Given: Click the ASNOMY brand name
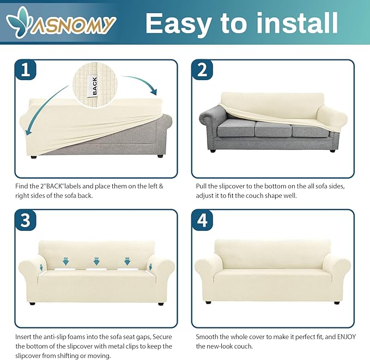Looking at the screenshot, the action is tap(73, 25).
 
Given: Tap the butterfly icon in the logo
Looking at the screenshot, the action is tap(18, 22).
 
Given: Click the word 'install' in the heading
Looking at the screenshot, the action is tap(297, 23).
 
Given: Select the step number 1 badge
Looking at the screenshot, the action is tap(26, 70).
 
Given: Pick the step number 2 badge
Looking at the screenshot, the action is tap(202, 70).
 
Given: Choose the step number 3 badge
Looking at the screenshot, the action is tap(26, 220).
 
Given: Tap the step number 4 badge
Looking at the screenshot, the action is tap(202, 220).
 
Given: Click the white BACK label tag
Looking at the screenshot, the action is tap(94, 87).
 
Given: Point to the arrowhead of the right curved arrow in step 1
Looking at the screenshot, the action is tap(153, 91).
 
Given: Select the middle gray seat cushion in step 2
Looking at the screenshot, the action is tap(273, 129).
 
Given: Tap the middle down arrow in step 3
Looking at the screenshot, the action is tap(96, 261).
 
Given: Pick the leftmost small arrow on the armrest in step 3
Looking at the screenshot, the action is tap(41, 267).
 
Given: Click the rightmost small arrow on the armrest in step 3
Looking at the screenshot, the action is tap(150, 267).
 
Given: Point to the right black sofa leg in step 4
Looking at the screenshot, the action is tap(337, 303).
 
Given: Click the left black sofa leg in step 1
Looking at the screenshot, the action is tap(33, 156).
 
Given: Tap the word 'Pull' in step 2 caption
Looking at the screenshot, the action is tap(201, 186).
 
